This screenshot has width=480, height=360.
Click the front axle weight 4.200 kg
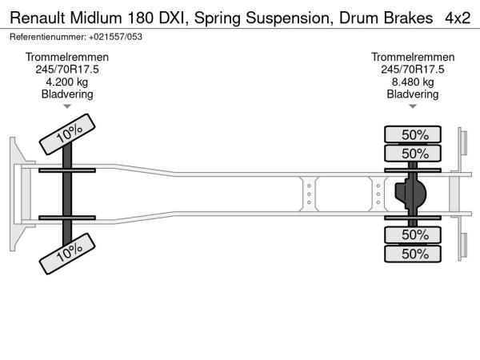tap(67, 82)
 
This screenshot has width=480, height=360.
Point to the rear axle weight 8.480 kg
tap(413, 82)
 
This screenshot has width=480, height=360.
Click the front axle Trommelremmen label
tap(67, 57)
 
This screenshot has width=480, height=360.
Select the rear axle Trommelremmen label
tap(413, 57)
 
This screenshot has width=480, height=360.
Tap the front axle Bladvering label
tap(67, 94)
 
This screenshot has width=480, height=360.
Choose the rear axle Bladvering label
tap(413, 94)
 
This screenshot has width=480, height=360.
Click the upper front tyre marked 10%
tap(68, 133)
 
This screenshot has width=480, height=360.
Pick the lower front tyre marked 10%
tap(68, 252)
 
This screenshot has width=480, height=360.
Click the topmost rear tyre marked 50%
tap(414, 134)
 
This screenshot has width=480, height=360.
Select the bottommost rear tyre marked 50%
tap(414, 254)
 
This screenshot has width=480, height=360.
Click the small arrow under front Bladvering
tap(67, 106)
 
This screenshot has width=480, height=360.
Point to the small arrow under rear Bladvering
tap(413, 106)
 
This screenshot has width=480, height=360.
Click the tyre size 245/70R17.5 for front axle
tap(67, 70)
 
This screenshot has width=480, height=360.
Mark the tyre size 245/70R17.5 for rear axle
tap(413, 70)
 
